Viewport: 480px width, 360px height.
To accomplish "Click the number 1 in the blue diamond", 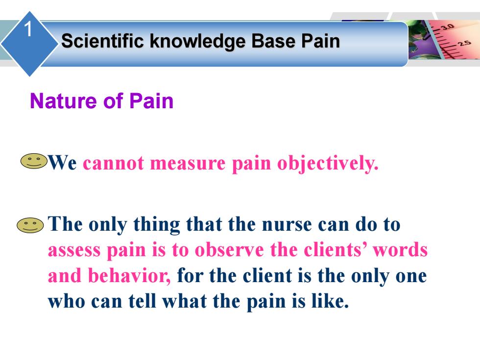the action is [x=28, y=29].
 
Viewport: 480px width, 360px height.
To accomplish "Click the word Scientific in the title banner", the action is [x=102, y=41].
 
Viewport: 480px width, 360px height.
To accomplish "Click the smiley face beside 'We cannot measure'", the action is [x=34, y=161].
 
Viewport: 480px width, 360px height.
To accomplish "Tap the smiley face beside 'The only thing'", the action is [x=30, y=225].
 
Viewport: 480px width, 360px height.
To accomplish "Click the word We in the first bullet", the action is [x=63, y=162].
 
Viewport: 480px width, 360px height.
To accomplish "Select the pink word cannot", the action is [x=114, y=163].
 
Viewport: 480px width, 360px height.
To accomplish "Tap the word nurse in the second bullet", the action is [x=287, y=225].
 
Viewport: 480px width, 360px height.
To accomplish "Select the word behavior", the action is [x=129, y=275].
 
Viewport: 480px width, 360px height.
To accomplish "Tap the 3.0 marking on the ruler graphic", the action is [x=447, y=27].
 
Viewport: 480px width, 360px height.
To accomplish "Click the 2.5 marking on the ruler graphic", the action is [x=465, y=43].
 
